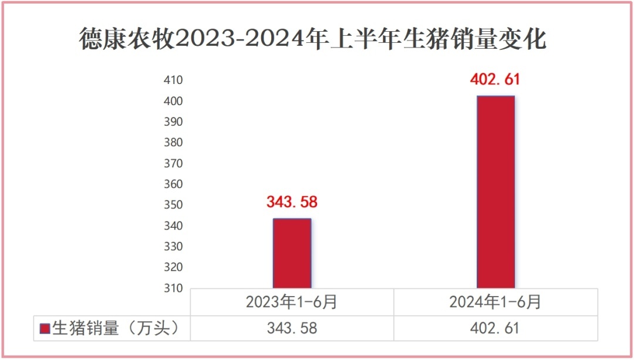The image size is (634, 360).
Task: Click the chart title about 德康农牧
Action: point(313,40)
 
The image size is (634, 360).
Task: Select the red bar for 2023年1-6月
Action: point(292,253)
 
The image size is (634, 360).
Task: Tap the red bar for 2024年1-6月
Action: point(495,192)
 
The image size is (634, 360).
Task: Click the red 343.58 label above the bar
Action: point(292,202)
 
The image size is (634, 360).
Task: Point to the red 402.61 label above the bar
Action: point(495,79)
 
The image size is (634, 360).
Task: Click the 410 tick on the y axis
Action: point(173,80)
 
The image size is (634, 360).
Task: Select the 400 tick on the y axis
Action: point(173,101)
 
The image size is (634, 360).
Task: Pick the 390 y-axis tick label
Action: point(173,122)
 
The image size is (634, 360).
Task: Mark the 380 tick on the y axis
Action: point(173,143)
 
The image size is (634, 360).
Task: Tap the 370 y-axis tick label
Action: point(173,163)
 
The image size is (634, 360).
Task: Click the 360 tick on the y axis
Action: point(173,184)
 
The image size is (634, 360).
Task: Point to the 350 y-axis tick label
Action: point(173,205)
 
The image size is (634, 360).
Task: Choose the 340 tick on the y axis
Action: point(173,226)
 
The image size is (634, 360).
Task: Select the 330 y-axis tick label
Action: point(173,247)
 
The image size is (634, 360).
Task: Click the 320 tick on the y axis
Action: point(173,267)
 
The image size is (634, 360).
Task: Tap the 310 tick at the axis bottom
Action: point(173,288)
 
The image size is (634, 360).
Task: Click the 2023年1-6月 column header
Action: point(292,302)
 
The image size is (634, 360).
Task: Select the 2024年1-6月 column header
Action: point(495,302)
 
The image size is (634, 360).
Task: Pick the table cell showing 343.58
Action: point(292,328)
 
